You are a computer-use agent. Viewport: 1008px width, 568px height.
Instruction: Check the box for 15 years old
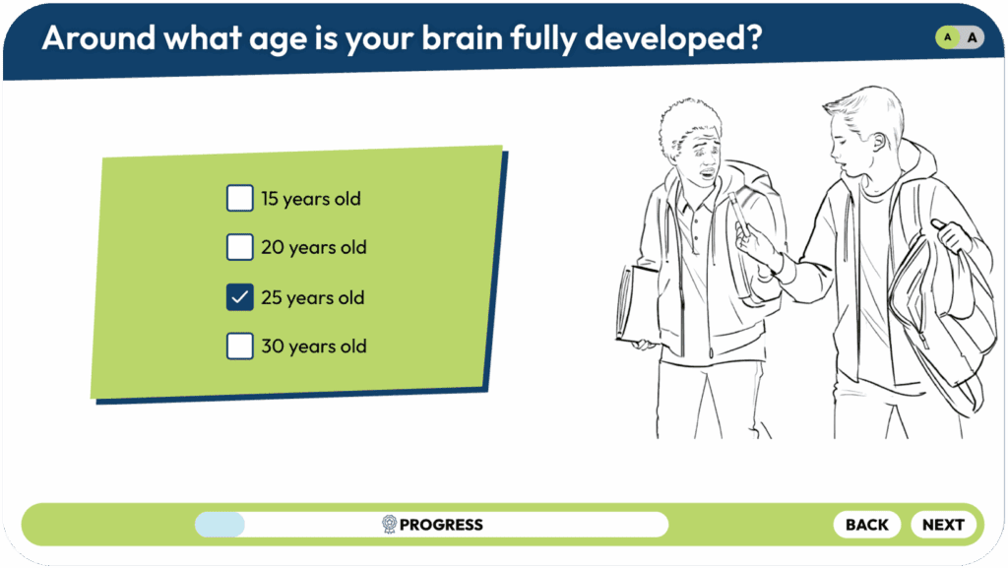pyautogui.click(x=240, y=198)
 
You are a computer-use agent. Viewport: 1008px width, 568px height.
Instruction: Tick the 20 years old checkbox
pyautogui.click(x=240, y=247)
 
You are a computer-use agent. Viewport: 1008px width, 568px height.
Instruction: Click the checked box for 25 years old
pyautogui.click(x=240, y=297)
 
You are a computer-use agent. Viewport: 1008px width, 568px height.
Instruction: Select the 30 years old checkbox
pyautogui.click(x=240, y=346)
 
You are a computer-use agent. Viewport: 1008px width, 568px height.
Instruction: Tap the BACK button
pyautogui.click(x=866, y=525)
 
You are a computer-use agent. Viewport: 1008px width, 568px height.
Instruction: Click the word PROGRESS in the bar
pyautogui.click(x=441, y=525)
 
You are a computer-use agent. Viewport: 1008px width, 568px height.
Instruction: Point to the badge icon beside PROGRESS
pyautogui.click(x=389, y=525)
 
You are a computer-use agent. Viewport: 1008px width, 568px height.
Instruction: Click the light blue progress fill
pyautogui.click(x=220, y=525)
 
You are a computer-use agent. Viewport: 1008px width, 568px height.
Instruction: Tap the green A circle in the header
pyautogui.click(x=947, y=37)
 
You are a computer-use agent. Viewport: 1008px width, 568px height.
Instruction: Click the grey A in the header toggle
pyautogui.click(x=972, y=37)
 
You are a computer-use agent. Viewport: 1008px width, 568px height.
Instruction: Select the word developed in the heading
pyautogui.click(x=673, y=39)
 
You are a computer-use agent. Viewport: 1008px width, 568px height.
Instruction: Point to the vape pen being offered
pyautogui.click(x=738, y=215)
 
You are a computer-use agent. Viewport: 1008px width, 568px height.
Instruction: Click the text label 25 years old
pyautogui.click(x=312, y=298)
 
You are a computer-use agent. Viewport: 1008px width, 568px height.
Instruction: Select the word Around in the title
pyautogui.click(x=98, y=38)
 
